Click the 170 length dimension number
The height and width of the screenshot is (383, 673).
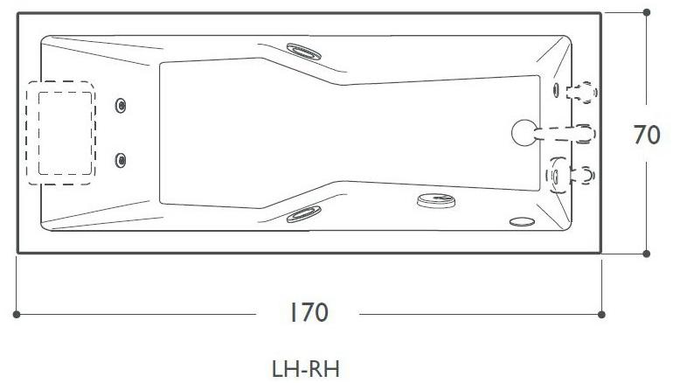click(x=309, y=312)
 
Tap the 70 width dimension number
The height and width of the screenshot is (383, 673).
click(x=646, y=136)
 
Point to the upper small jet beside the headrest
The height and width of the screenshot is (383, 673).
click(x=121, y=106)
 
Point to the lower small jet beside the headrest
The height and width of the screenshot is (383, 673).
click(x=121, y=159)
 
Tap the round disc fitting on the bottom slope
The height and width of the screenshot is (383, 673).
click(x=436, y=201)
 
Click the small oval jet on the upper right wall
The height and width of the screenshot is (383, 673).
click(x=556, y=88)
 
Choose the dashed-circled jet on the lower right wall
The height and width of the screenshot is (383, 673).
click(x=557, y=174)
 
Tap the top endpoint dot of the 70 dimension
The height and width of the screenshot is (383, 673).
click(x=646, y=12)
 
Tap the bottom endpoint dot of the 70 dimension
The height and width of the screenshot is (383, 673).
click(x=646, y=254)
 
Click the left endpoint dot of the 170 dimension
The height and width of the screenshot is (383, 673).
click(x=17, y=313)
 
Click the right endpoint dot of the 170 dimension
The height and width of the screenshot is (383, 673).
click(x=601, y=313)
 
